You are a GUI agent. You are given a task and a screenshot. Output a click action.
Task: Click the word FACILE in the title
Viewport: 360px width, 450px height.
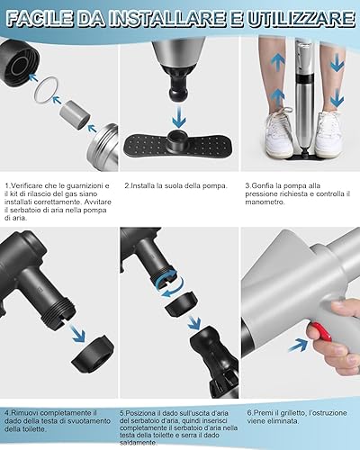click(x=39, y=19)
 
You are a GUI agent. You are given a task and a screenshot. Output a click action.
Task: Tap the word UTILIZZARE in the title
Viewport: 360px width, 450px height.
click(x=301, y=19)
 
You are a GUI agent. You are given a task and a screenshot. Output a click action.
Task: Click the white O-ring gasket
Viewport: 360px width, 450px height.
click(x=45, y=90)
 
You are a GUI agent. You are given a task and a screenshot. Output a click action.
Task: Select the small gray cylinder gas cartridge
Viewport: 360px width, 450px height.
click(x=75, y=115)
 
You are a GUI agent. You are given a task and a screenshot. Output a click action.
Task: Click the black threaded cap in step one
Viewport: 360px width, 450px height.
click(x=19, y=62)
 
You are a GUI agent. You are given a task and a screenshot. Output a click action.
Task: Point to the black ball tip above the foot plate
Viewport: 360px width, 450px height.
click(x=178, y=92)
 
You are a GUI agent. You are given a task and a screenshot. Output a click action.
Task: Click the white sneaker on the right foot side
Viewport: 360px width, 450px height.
click(x=328, y=135)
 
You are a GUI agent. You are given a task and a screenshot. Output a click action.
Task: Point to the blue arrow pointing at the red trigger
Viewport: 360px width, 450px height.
click(x=298, y=345)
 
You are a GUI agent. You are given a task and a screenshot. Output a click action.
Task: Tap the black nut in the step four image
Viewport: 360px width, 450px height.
click(x=93, y=355)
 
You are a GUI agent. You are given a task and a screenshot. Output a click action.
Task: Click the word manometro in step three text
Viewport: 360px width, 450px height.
click(x=265, y=202)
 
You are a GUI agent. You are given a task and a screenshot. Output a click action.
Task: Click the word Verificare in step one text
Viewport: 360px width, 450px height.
click(x=26, y=185)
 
